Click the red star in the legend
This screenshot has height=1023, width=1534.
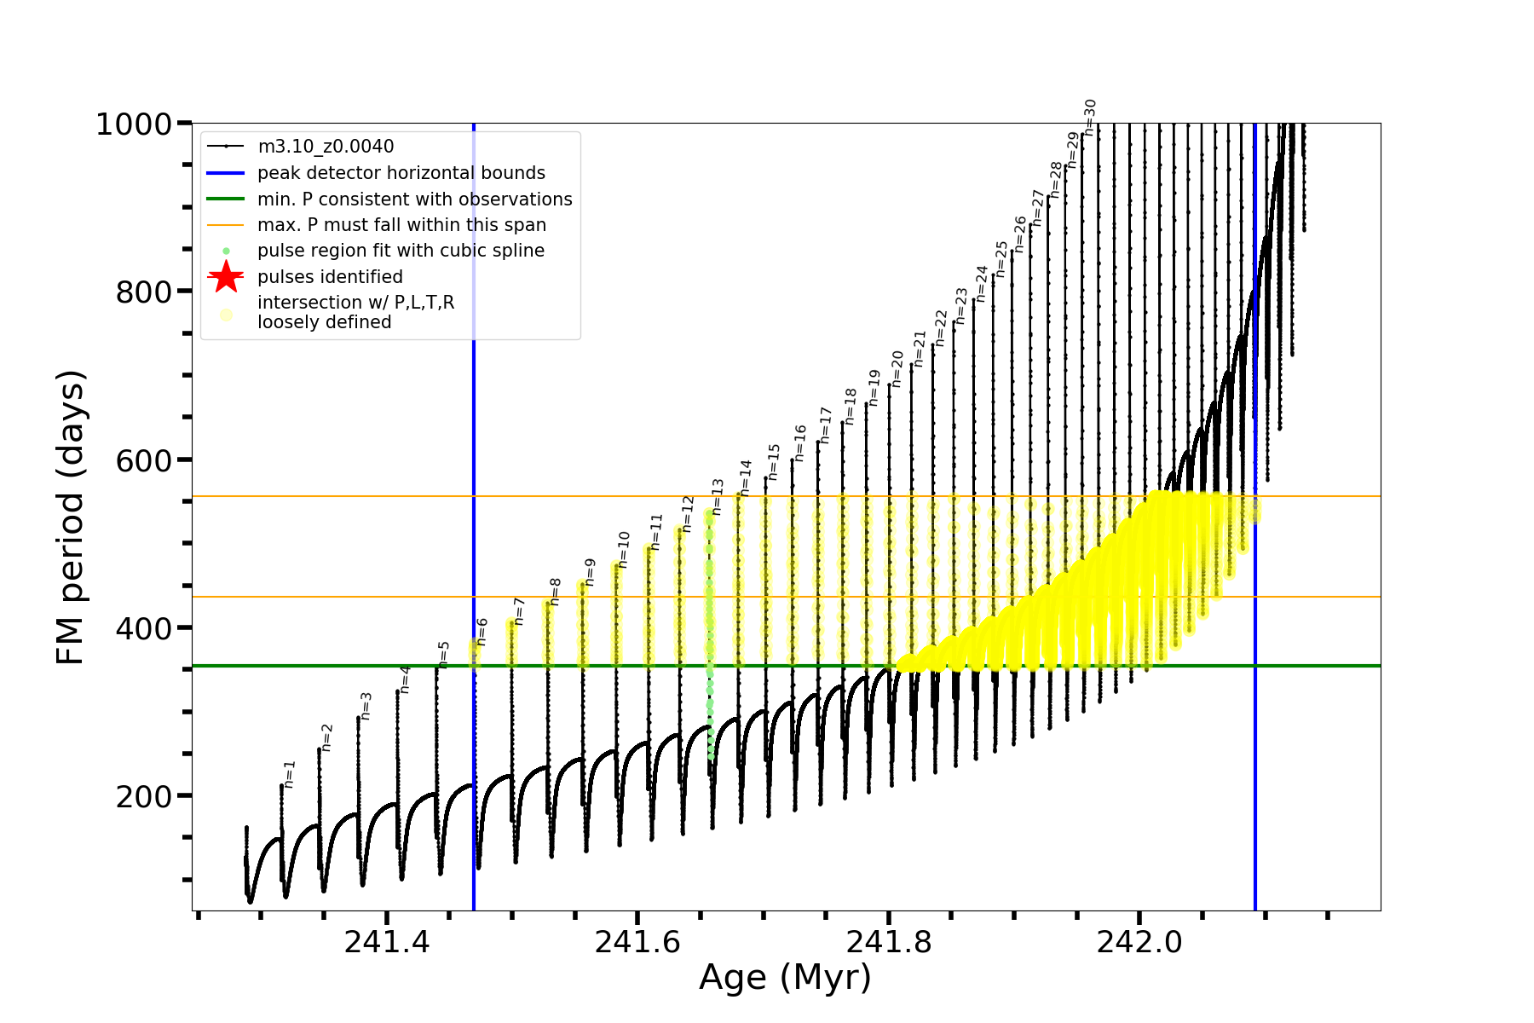pyautogui.click(x=226, y=276)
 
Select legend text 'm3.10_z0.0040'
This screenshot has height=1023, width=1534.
pyautogui.click(x=326, y=147)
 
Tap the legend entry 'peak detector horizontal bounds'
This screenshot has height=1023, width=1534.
pyautogui.click(x=401, y=173)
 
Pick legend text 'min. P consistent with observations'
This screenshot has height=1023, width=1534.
pyautogui.click(x=414, y=199)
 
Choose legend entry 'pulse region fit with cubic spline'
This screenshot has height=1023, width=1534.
pyautogui.click(x=401, y=251)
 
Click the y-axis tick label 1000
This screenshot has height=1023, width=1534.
pyautogui.click(x=134, y=124)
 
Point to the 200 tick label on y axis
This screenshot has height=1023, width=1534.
pyautogui.click(x=144, y=797)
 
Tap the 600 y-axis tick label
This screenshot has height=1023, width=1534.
pyautogui.click(x=144, y=460)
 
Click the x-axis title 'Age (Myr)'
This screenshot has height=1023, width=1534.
pyautogui.click(x=785, y=978)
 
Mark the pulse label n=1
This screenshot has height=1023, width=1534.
pyautogui.click(x=290, y=774)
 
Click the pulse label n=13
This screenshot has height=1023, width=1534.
pyautogui.click(x=718, y=497)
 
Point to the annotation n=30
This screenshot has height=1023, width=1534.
pyautogui.click(x=1090, y=118)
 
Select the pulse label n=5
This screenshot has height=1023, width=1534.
pyautogui.click(x=444, y=654)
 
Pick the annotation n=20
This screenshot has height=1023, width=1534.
pyautogui.click(x=897, y=368)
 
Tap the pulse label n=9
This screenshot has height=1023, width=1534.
pyautogui.click(x=591, y=571)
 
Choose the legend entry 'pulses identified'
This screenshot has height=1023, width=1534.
pyautogui.click(x=330, y=277)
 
